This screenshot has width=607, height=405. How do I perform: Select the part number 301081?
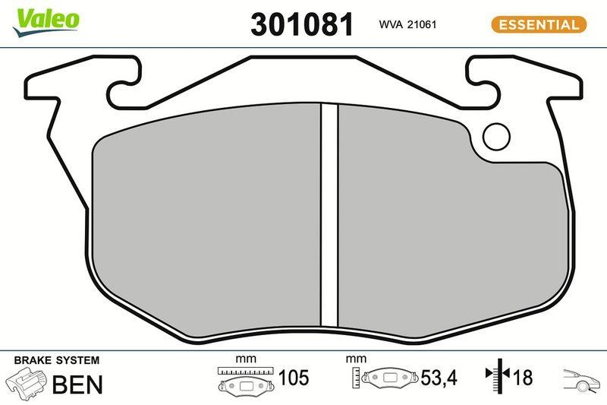tap(302, 24)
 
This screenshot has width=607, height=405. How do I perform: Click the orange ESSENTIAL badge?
tap(539, 24)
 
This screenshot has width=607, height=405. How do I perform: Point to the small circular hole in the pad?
tap(498, 136)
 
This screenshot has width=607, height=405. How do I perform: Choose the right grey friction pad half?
tap(448, 228)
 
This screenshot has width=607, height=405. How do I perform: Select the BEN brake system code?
tap(77, 384)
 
